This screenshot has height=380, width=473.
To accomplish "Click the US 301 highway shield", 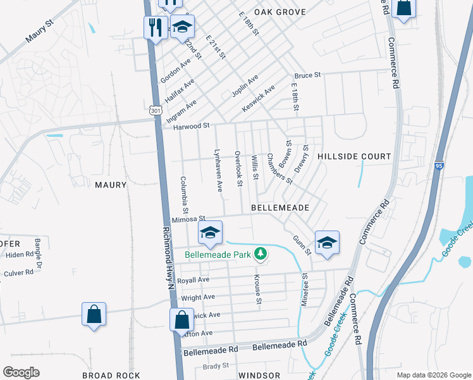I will [156, 111].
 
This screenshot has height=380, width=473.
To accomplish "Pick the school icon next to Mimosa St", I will [210, 232].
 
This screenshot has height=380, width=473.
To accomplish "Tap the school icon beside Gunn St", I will [327, 243].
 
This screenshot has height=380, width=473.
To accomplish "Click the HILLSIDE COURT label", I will [354, 156].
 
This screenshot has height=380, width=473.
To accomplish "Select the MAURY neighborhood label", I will [111, 185].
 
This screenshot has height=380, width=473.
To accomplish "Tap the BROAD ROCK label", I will [111, 376].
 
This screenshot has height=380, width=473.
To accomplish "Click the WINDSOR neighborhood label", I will [259, 376].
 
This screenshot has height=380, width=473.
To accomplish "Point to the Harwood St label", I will [191, 126].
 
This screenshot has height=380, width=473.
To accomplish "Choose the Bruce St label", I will [308, 75].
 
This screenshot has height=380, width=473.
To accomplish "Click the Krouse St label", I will [257, 289].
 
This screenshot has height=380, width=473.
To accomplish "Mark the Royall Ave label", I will [193, 280].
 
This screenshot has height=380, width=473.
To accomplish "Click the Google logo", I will [21, 372].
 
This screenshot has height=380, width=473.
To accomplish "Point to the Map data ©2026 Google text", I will [433, 374].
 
